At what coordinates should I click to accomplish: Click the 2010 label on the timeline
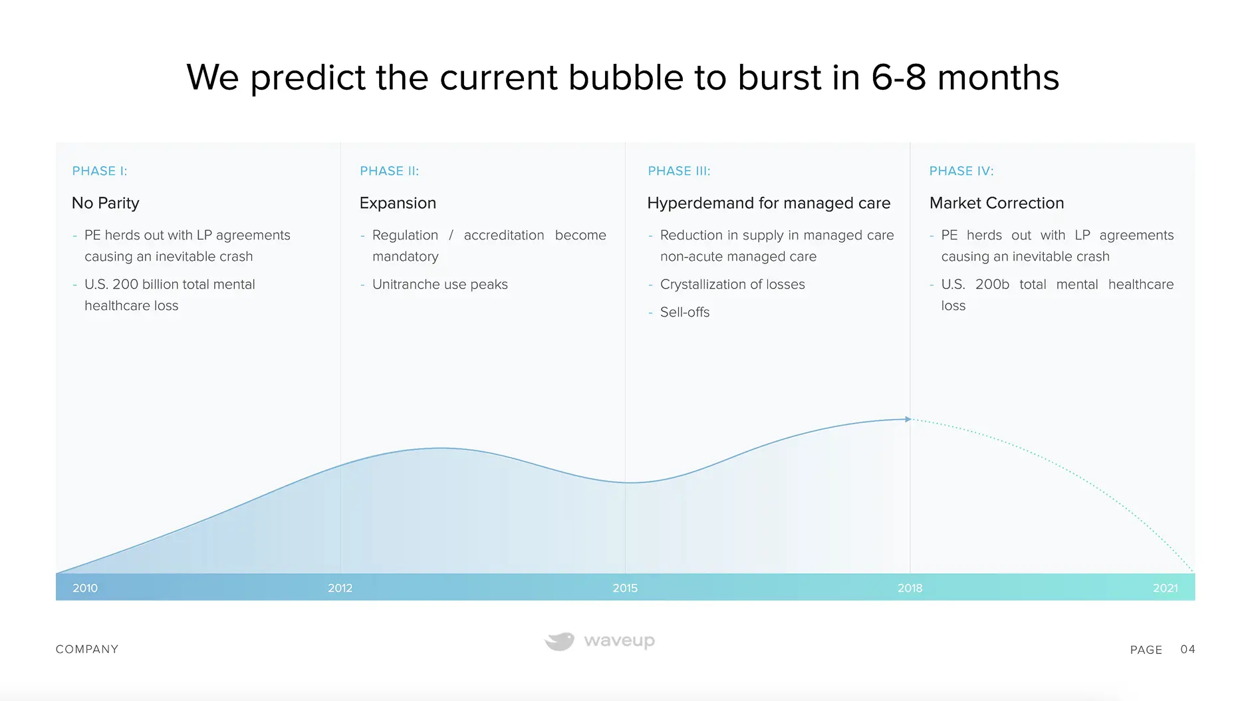point(85,588)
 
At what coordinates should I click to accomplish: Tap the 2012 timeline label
point(340,588)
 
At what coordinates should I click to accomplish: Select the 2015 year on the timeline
point(625,588)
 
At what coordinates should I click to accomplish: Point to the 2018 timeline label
point(910,588)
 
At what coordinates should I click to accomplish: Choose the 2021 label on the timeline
point(1165,588)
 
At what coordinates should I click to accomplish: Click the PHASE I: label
point(100,171)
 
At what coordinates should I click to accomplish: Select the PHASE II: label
point(390,171)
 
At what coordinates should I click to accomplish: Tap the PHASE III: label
point(679,171)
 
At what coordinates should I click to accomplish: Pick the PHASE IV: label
point(961,171)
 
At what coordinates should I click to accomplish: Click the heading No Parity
point(106,203)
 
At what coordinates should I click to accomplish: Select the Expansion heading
point(398,203)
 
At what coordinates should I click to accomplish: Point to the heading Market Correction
point(997,203)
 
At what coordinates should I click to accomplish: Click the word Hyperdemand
point(693,203)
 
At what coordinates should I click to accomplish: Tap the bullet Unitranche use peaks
point(440,285)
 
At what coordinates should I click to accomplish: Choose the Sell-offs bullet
point(685,313)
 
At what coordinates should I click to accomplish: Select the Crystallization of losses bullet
point(733,285)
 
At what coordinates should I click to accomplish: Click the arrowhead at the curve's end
point(908,419)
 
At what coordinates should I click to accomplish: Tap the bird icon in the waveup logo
point(560,641)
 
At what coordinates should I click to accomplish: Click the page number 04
point(1187,649)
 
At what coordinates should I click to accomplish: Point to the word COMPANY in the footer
point(87,649)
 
